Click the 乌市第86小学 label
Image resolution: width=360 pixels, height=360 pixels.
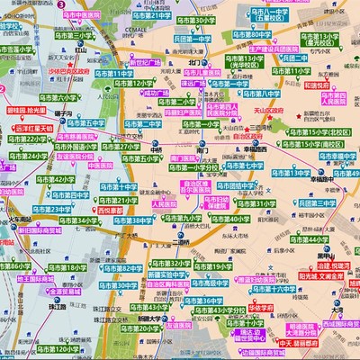21,267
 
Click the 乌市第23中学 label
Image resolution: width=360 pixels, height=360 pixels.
47,209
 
